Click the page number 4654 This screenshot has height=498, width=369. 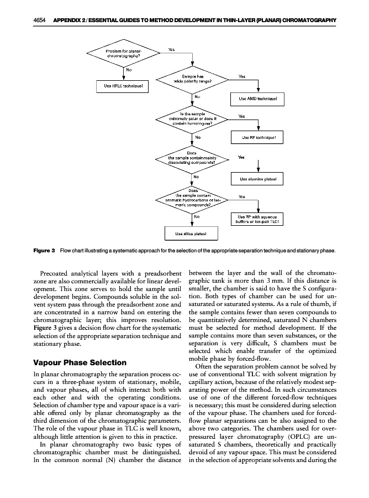39,20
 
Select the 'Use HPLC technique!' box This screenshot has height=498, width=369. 123,85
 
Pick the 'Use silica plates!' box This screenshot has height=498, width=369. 190,234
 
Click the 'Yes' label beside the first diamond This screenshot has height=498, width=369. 172,49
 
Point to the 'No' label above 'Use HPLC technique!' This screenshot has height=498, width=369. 129,70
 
